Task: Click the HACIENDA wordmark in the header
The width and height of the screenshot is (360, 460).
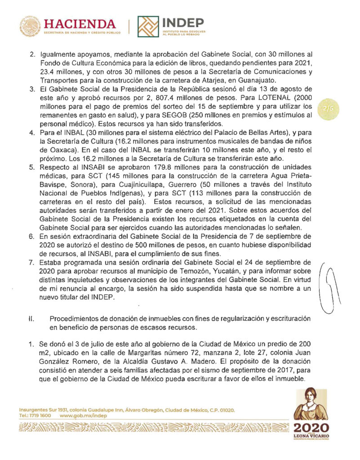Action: [x=80, y=23]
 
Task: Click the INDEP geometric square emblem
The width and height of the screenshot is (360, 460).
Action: [x=148, y=27]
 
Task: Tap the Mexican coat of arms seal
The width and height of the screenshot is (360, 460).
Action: [x=30, y=27]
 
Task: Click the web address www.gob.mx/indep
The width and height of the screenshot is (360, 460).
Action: [x=83, y=416]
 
